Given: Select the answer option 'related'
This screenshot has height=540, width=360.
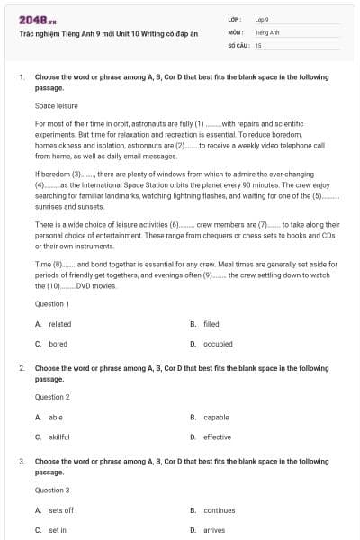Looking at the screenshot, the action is pos(59,324).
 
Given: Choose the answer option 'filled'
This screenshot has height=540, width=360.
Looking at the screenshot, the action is pos(211,324).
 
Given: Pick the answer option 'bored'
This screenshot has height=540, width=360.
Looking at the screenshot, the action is pos(58,344).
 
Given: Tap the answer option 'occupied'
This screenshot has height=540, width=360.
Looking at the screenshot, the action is pos(217,344).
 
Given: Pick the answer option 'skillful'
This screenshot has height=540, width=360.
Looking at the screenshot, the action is pos(59,436).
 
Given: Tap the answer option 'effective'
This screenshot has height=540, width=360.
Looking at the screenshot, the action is pos(217,436).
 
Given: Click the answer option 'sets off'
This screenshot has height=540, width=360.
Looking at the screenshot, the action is pos(61,510).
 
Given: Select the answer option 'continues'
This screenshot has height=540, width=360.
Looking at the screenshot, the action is pos(219,510).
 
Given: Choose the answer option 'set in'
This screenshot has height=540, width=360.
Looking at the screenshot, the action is pos(58,530).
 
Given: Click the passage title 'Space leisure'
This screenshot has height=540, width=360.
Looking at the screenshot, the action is pos(56,105).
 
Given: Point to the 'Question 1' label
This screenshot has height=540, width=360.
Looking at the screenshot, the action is pos(51,304).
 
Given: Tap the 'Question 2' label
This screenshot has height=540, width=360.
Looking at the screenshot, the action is pos(51,397).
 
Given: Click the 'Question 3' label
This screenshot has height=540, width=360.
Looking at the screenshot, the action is pos(51,490).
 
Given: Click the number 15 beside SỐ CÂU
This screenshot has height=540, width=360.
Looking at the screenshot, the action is pos(258,44).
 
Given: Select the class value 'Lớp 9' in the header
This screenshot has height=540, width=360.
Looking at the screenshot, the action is pos(262,19).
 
